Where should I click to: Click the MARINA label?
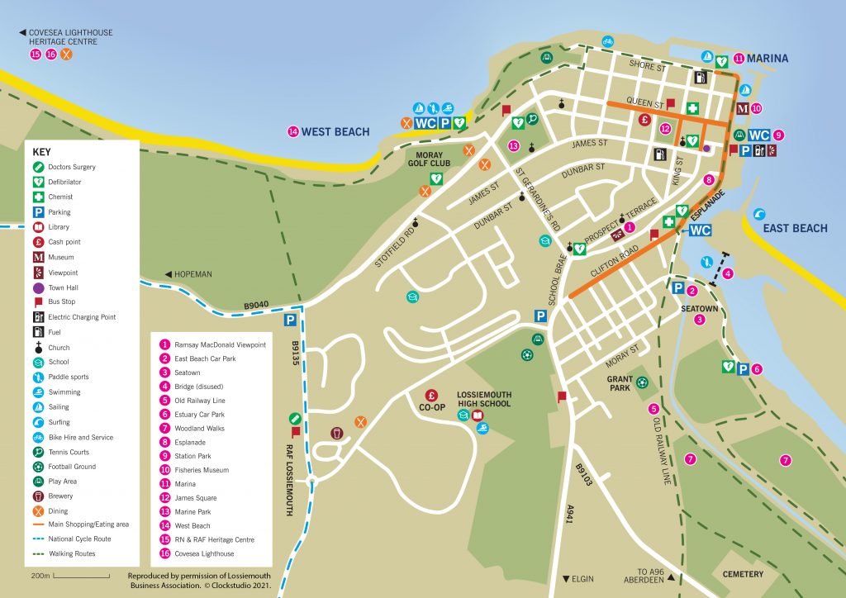point(769,59)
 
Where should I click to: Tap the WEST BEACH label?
point(335,131)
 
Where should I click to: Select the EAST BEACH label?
point(795,228)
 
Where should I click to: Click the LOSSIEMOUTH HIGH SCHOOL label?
point(483,399)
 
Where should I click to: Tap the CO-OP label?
point(431,408)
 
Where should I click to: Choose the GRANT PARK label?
point(620,383)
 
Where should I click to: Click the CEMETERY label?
point(743,574)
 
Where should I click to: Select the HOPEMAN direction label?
point(189,274)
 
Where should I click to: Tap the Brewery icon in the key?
point(38,496)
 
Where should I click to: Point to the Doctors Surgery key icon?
point(38,167)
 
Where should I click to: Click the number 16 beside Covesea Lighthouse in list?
point(164,554)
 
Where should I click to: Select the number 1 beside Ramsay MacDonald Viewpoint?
point(164,344)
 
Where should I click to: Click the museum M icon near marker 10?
point(742,108)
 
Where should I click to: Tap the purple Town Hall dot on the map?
point(706,149)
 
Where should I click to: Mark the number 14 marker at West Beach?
point(292,131)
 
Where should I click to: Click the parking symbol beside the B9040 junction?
point(291,320)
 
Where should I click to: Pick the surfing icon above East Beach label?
point(760,214)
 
